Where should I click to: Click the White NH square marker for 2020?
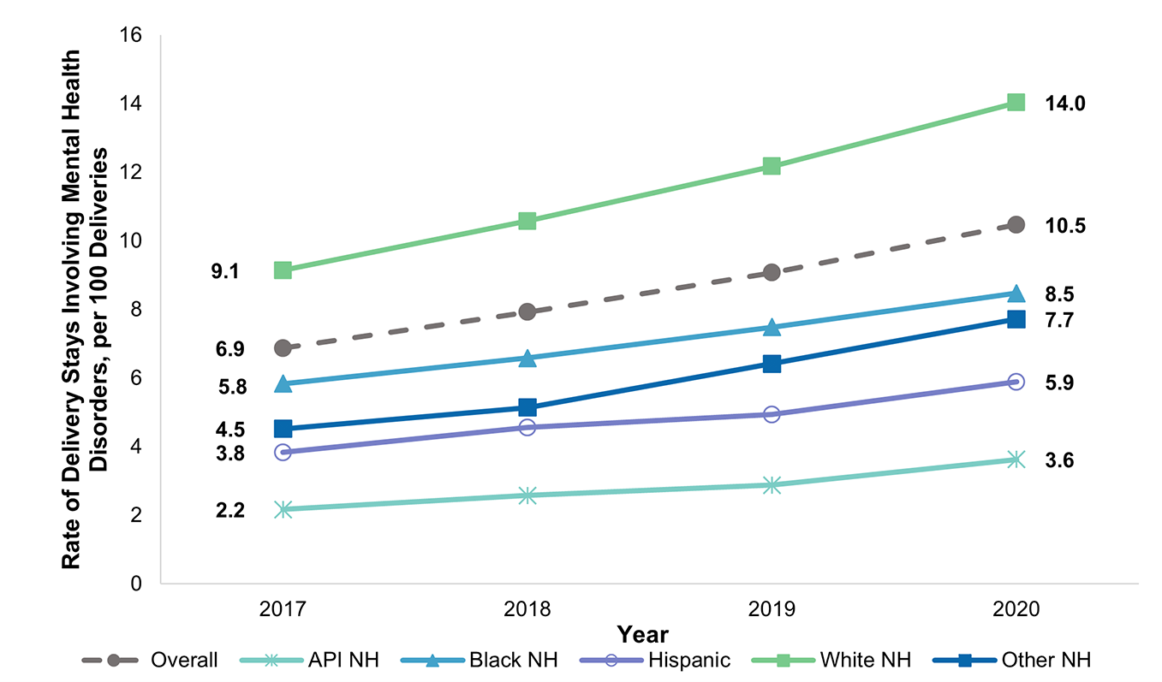click(x=1016, y=103)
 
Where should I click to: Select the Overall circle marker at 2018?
click(x=527, y=311)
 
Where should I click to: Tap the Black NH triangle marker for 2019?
click(x=772, y=328)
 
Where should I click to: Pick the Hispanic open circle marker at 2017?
click(x=283, y=452)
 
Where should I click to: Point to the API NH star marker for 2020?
click(x=1016, y=460)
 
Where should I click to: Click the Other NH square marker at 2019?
click(x=772, y=364)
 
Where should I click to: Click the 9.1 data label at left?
click(x=229, y=272)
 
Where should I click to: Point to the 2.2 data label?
click(x=229, y=512)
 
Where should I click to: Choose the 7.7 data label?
click(x=1058, y=321)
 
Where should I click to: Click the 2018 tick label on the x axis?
click(x=527, y=609)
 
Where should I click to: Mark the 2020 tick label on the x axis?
click(x=1016, y=609)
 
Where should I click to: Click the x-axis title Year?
click(x=642, y=634)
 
